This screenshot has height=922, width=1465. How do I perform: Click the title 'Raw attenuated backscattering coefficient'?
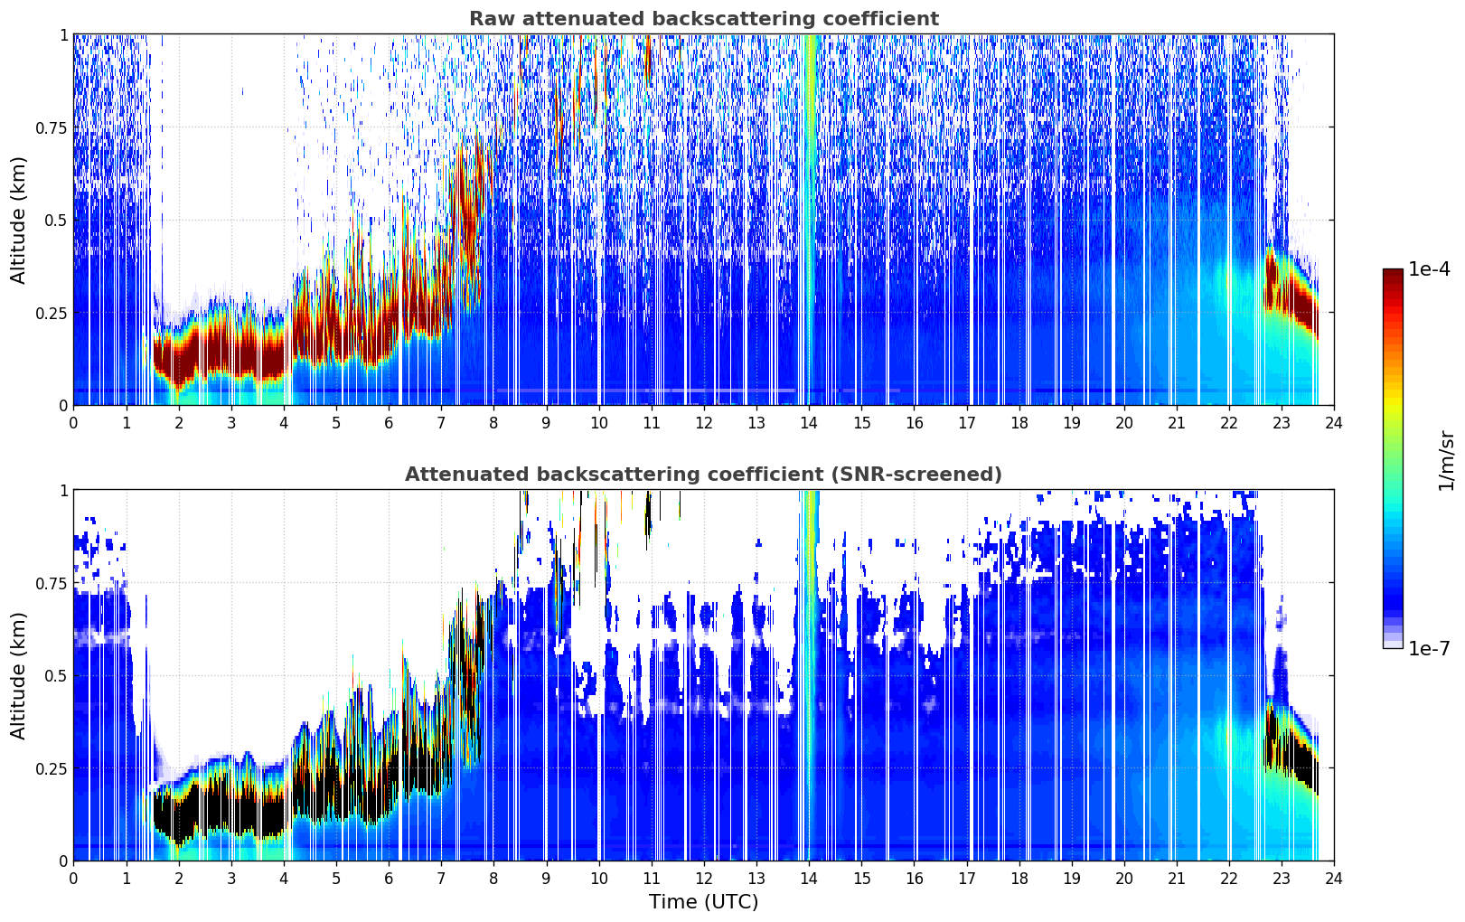(704, 19)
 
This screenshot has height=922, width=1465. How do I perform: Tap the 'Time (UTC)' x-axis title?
(704, 902)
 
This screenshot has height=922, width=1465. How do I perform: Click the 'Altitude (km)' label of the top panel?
(18, 221)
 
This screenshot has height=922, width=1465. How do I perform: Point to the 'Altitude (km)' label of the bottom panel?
(18, 675)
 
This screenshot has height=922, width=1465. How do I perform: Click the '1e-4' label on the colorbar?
(1429, 268)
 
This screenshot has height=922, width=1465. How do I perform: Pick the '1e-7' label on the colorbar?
(1429, 649)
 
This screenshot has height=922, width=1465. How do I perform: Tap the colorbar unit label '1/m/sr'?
(1447, 460)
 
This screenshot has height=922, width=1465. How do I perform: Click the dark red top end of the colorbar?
(1393, 272)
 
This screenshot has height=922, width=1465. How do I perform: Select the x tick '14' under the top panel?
(809, 423)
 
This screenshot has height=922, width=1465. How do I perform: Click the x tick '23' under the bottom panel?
(1282, 879)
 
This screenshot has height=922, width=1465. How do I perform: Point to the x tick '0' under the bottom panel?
(73, 879)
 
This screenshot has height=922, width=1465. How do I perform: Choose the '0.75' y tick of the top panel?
(51, 127)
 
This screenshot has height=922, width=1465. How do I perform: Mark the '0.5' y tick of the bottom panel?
(56, 675)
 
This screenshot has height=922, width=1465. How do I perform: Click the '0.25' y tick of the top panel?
(51, 313)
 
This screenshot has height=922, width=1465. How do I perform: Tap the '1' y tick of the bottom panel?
(64, 491)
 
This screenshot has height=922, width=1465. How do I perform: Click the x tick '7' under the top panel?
(441, 423)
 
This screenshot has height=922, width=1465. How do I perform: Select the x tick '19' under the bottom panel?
(1072, 879)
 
